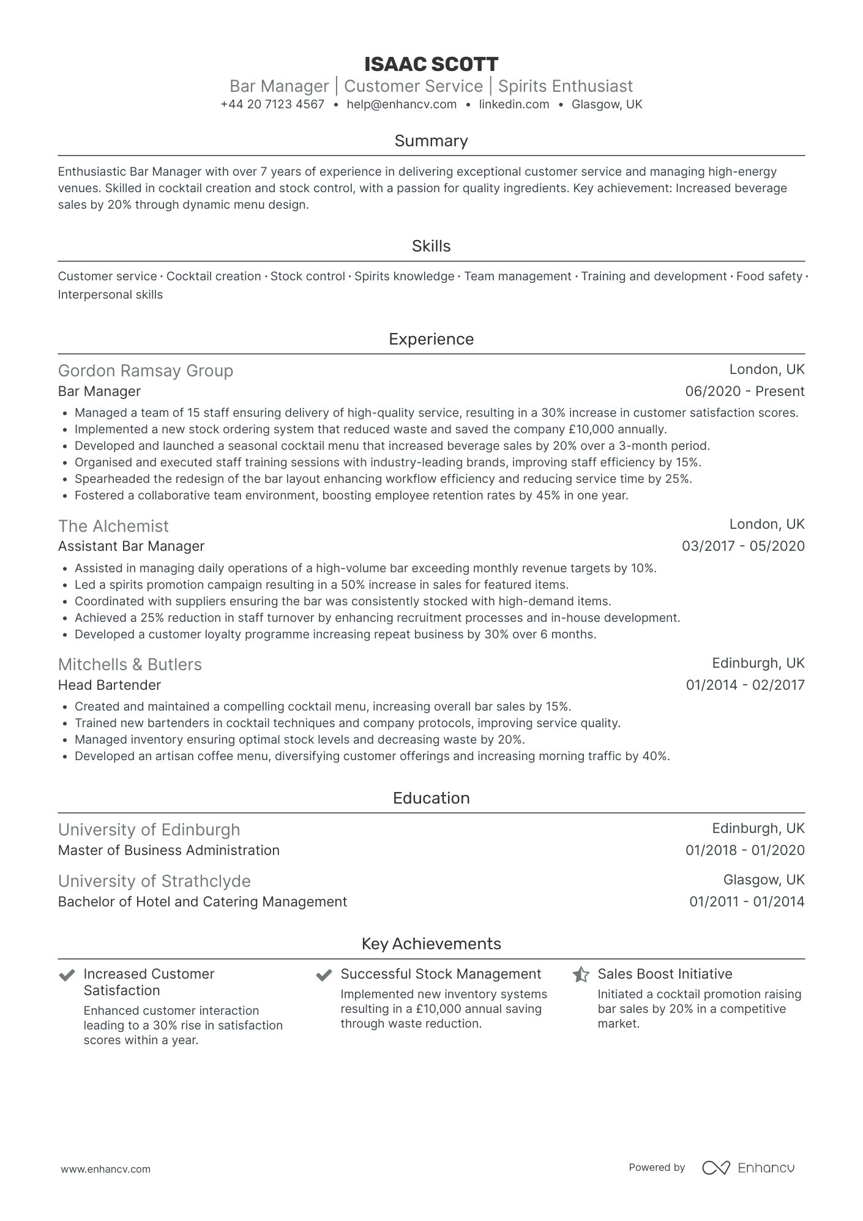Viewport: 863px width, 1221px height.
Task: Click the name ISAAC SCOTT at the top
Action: tap(431, 64)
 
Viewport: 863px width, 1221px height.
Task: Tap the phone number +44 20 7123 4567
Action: tap(272, 104)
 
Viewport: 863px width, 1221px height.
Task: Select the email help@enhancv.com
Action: tap(402, 104)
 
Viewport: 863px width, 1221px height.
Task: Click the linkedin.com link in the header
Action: tap(514, 104)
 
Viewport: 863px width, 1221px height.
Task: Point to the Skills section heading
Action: tap(431, 246)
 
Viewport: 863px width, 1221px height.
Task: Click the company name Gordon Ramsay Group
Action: tap(146, 371)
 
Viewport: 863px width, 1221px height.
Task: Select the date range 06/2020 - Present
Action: tap(744, 391)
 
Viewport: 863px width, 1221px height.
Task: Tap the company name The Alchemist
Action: tap(113, 526)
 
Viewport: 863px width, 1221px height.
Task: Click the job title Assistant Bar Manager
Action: tap(131, 546)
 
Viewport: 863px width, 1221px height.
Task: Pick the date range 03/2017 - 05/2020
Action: tap(743, 546)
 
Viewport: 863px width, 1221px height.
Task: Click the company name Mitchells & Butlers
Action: tap(130, 665)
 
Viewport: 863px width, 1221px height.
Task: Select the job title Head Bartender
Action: tap(110, 685)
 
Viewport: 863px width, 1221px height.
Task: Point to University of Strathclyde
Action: tap(154, 881)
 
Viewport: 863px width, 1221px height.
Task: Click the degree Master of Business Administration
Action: tap(169, 850)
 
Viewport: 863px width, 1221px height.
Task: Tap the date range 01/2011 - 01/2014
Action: tap(747, 902)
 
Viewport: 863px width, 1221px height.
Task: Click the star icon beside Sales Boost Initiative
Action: tap(581, 974)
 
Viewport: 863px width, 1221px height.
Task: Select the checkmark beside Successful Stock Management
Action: tap(324, 974)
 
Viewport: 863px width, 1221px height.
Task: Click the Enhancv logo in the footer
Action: tap(748, 1168)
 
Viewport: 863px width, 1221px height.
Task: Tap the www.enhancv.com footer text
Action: tap(105, 1169)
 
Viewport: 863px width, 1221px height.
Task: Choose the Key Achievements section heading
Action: tap(431, 944)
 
